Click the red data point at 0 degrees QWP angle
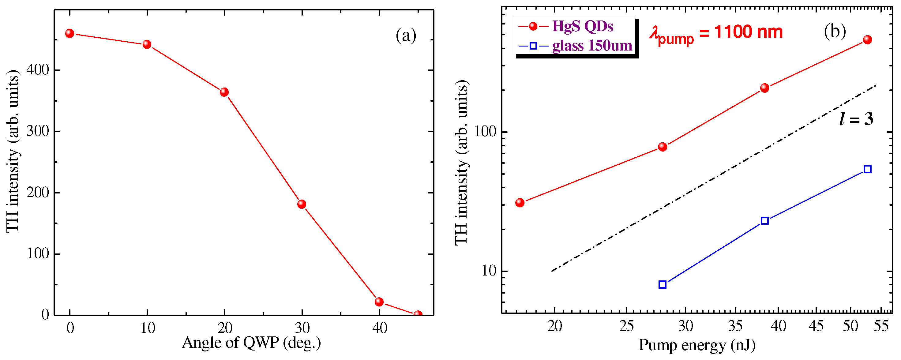[69, 33]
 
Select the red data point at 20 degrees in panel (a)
[224, 92]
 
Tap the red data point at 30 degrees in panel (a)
[302, 204]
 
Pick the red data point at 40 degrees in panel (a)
[379, 302]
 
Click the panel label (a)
[406, 35]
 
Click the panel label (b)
[835, 32]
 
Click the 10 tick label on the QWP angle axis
[147, 328]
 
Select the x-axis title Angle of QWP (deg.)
[251, 343]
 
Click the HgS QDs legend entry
[582, 26]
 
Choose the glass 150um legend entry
[592, 46]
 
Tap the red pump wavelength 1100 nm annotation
[716, 32]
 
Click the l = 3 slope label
[856, 119]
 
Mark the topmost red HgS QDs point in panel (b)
[867, 39]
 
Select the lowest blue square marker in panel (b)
[662, 284]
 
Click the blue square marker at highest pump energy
[867, 169]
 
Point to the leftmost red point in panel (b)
[520, 203]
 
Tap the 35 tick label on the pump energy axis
[735, 326]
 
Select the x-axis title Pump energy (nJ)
[697, 345]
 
